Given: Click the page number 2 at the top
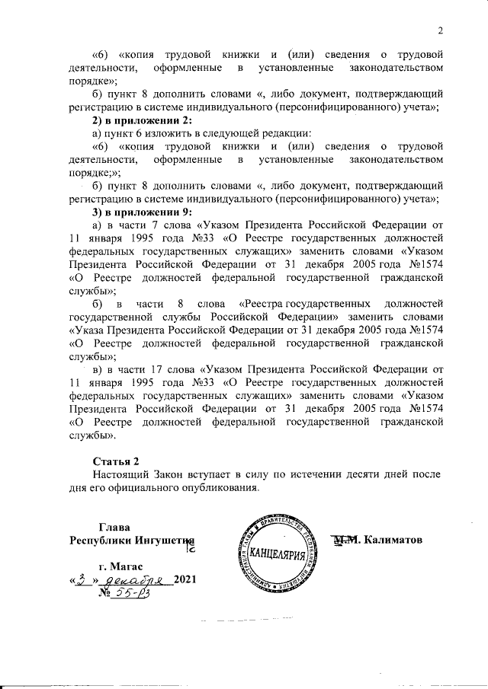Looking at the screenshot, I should [441, 30].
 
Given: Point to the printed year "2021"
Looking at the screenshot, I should [185, 581].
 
